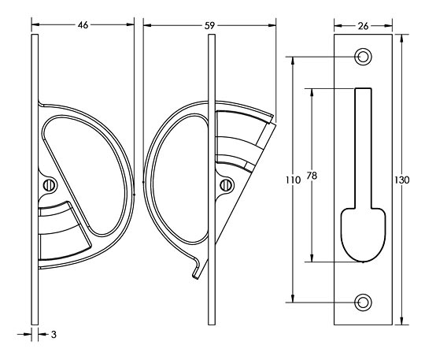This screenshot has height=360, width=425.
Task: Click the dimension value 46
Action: point(83,25)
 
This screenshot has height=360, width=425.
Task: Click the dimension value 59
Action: point(210,25)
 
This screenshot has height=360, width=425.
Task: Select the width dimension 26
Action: point(363,25)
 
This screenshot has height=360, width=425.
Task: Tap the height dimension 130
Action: point(402,180)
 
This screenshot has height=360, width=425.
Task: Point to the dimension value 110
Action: point(292,180)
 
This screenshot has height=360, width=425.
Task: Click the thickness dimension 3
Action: point(52,335)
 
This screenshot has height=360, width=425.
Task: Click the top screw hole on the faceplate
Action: point(363,57)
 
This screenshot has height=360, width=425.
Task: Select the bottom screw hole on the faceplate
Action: point(363,302)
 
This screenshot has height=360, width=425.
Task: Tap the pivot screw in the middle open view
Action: point(227,186)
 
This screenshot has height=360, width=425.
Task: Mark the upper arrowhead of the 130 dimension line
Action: point(403,37)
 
